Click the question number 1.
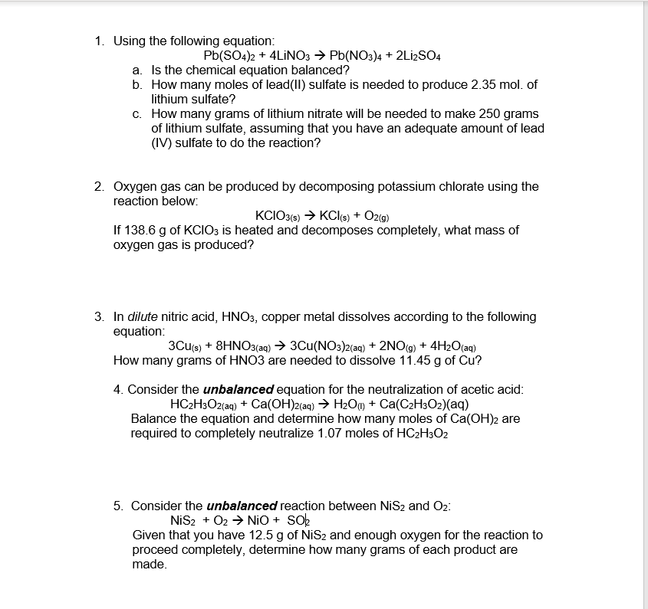[x=100, y=41]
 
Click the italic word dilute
[x=144, y=316]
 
